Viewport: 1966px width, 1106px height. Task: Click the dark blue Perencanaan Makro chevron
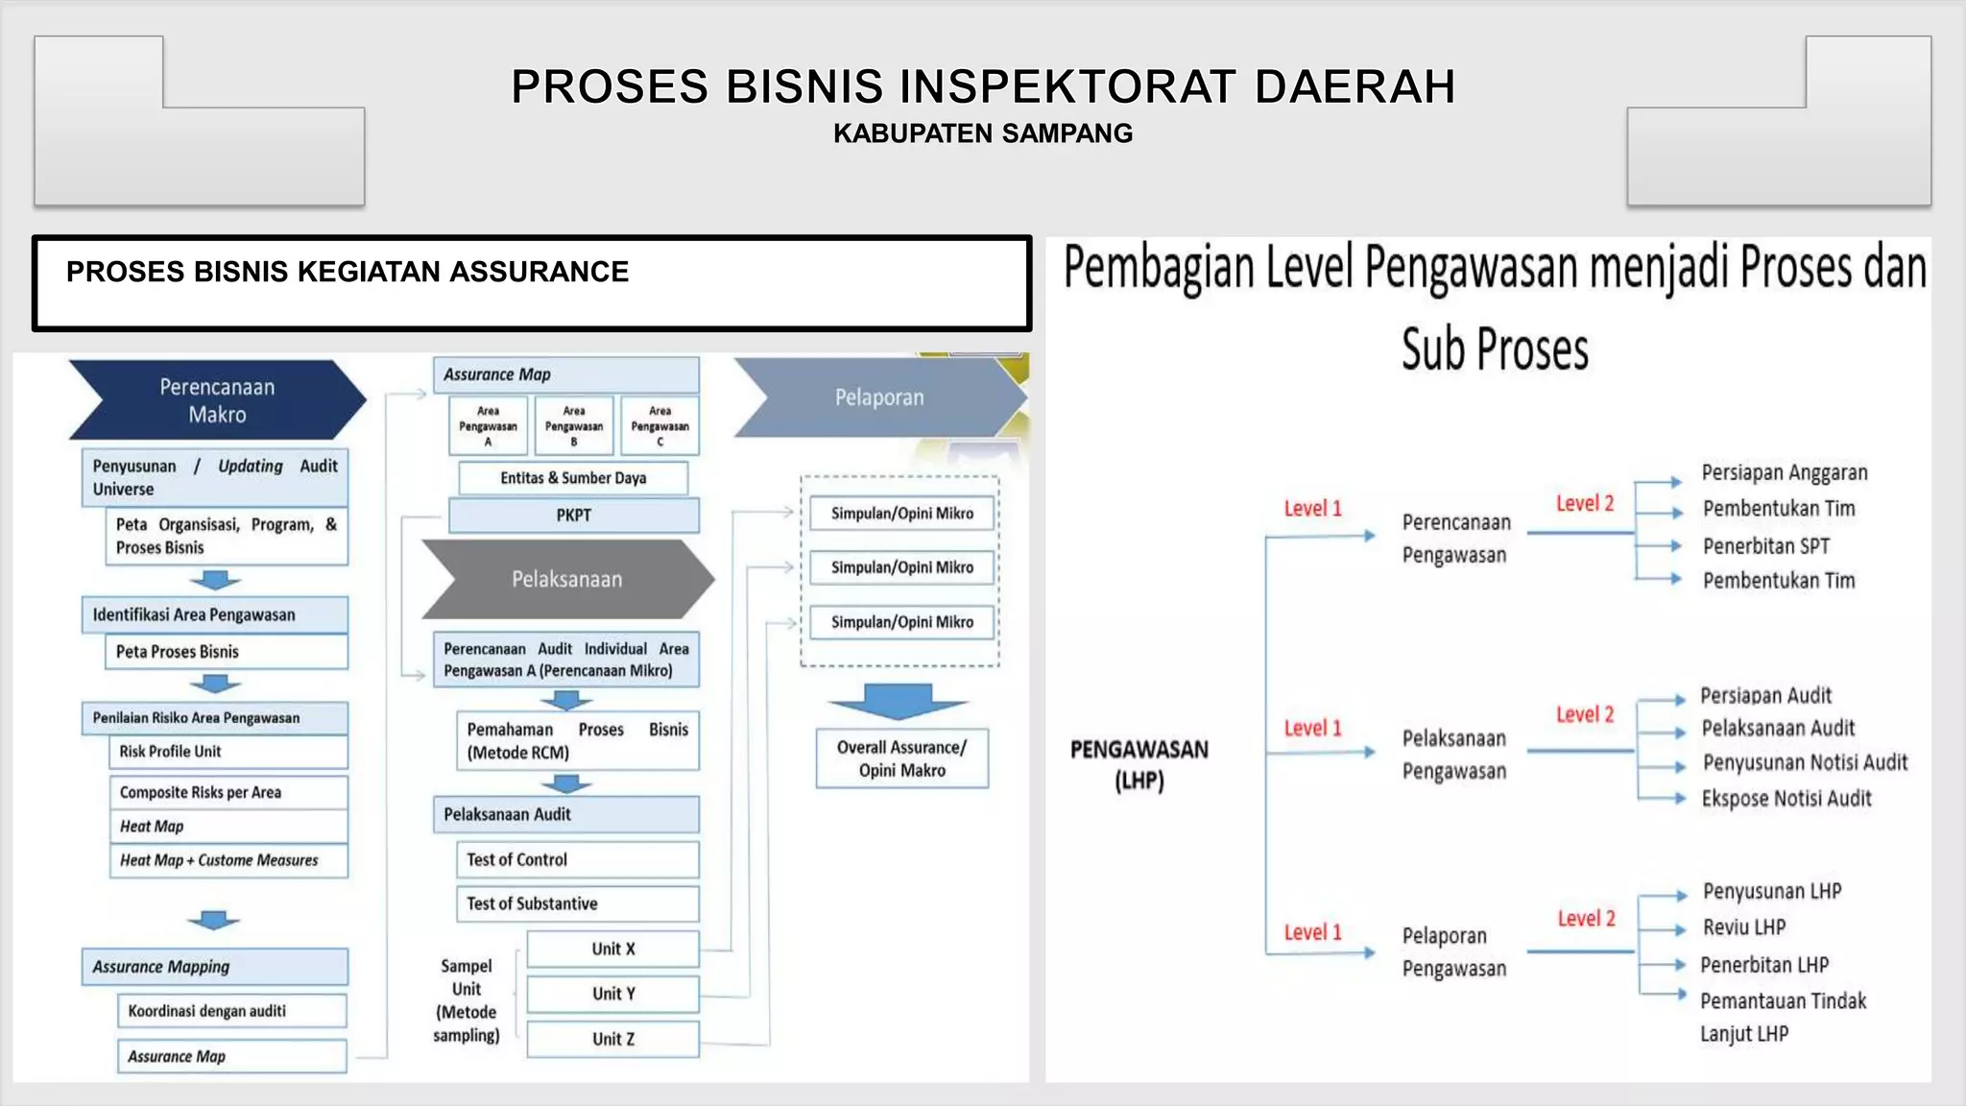pyautogui.click(x=217, y=400)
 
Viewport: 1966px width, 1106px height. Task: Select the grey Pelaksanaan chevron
pyautogui.click(x=566, y=579)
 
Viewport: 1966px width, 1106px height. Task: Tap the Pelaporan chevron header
pyautogui.click(x=878, y=397)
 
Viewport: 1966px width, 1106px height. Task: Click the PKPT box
pyautogui.click(x=573, y=516)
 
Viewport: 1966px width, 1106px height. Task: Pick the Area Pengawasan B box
pyautogui.click(x=574, y=426)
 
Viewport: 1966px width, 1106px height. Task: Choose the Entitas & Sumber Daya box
pyautogui.click(x=573, y=478)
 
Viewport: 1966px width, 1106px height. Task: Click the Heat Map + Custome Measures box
pyautogui.click(x=228, y=860)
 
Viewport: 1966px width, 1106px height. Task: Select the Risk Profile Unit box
pyautogui.click(x=228, y=752)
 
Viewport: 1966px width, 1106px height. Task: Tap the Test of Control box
pyautogui.click(x=577, y=860)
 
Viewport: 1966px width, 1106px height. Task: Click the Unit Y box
pyautogui.click(x=613, y=994)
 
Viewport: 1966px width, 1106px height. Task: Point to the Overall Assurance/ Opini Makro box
pyautogui.click(x=901, y=758)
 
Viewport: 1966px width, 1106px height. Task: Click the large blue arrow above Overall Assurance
pyautogui.click(x=899, y=702)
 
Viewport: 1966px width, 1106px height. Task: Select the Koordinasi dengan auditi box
pyautogui.click(x=230, y=1011)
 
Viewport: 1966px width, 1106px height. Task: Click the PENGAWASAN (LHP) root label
pyautogui.click(x=1139, y=764)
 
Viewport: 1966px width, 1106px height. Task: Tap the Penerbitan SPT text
pyautogui.click(x=1765, y=546)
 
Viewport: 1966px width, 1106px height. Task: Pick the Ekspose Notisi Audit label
pyautogui.click(x=1786, y=799)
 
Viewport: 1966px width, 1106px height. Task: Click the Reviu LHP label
pyautogui.click(x=1743, y=927)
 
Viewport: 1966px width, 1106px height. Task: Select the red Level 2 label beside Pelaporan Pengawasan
pyautogui.click(x=1586, y=919)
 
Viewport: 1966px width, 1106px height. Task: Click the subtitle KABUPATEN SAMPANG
pyautogui.click(x=982, y=133)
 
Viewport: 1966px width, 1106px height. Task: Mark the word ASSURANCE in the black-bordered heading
pyautogui.click(x=539, y=272)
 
